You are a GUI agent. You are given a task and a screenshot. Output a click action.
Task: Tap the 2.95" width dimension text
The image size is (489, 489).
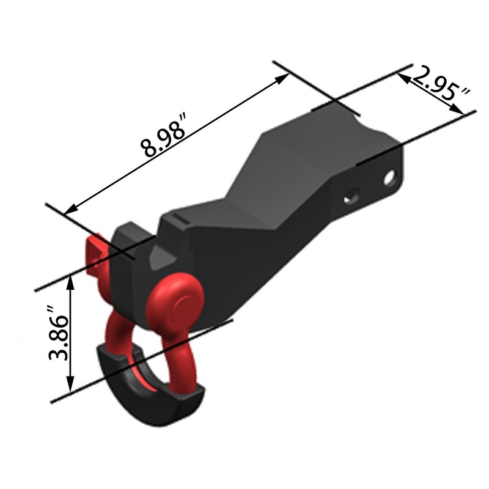[441, 86]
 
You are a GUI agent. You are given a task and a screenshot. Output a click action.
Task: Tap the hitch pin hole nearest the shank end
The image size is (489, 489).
[389, 178]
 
